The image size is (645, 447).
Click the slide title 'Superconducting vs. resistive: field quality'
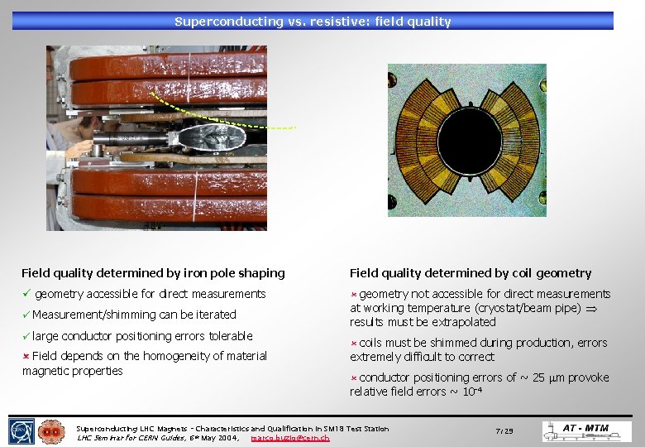[313, 22]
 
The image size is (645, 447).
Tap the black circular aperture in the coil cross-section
[467, 140]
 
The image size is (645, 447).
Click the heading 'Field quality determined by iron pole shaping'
[153, 273]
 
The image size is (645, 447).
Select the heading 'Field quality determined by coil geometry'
[471, 273]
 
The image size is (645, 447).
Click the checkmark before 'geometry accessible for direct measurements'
[26, 294]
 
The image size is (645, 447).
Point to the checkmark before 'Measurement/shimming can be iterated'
[26, 315]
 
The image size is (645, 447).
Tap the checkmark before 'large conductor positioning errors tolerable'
[26, 336]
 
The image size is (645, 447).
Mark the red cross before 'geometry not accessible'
[353, 294]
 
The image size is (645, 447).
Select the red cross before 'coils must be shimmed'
[353, 343]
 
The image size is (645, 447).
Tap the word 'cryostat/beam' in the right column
[517, 308]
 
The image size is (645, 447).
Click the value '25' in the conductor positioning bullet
[540, 377]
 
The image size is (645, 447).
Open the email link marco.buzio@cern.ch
[289, 438]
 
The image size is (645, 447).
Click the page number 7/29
[504, 431]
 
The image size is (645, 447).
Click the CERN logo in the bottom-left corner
[21, 431]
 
